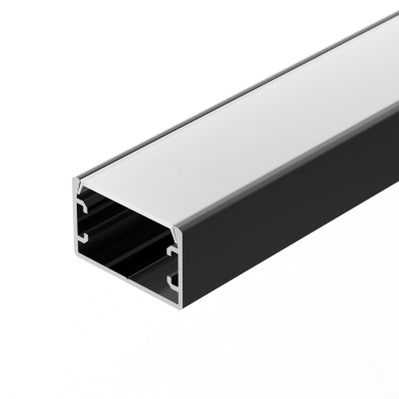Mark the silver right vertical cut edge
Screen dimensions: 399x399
click(x=184, y=264)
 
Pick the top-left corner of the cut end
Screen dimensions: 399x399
click(x=73, y=183)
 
